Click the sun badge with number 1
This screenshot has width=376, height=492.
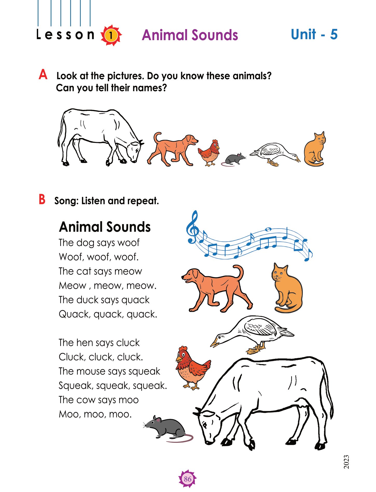pos(111,35)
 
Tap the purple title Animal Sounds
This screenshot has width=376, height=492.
pos(190,35)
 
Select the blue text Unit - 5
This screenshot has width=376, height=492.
pos(314,34)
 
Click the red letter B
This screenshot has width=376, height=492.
pos(42,199)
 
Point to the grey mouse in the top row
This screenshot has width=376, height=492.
pos(233,159)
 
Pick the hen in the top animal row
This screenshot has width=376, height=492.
pos(209,153)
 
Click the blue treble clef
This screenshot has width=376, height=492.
pos(192,227)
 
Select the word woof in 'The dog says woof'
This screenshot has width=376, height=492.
pos(128,243)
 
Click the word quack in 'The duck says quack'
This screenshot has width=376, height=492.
pos(135,300)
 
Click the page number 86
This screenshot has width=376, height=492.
pos(187,479)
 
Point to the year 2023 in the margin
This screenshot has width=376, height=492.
pos(346,462)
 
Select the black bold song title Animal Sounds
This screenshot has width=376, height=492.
pos(105,227)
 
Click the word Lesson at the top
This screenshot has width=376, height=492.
pos(65,34)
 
